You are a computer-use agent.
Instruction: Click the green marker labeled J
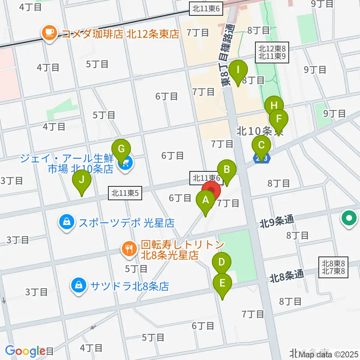82,180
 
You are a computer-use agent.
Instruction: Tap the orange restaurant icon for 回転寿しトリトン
129,249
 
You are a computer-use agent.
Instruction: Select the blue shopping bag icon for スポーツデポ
66,223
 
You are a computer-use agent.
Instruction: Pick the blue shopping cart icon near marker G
125,163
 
